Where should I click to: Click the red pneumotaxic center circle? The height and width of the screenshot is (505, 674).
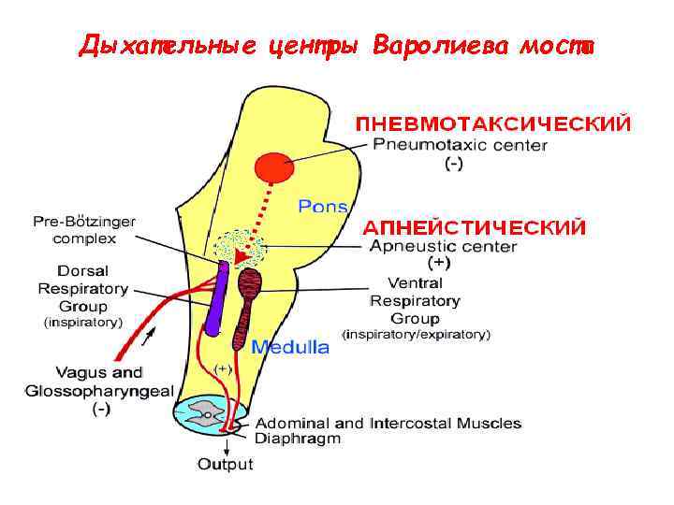point(274,168)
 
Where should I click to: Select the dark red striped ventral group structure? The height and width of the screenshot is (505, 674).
point(250,304)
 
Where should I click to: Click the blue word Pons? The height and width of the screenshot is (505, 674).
point(323,206)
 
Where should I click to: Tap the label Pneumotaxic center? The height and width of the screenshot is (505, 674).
point(461,145)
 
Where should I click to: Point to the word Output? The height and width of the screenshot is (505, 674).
point(225,464)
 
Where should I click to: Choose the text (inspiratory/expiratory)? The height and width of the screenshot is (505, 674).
point(416,334)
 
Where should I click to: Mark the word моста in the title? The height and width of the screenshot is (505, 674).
point(560,46)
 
